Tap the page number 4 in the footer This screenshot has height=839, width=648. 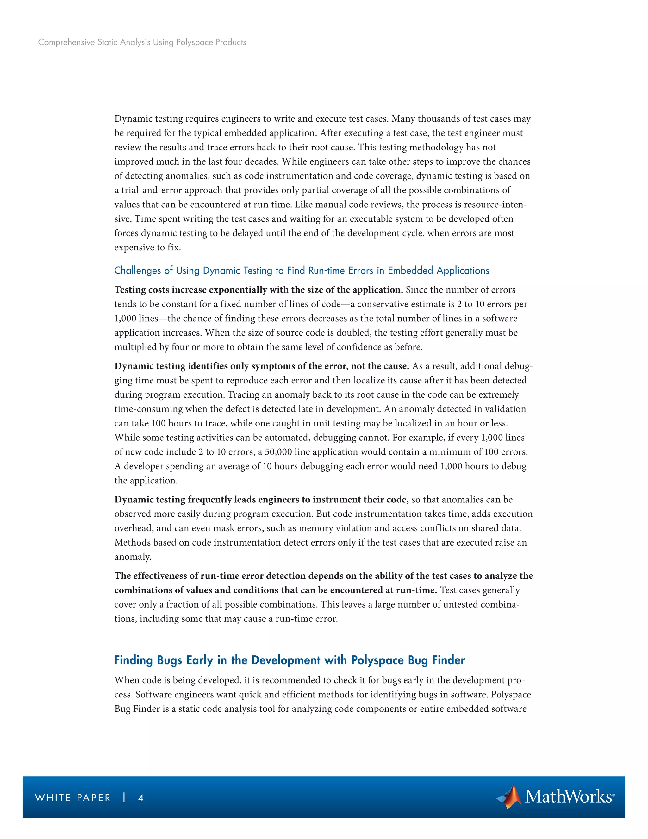click(141, 798)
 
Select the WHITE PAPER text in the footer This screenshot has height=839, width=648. click(73, 798)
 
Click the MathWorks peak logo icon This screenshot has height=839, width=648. click(509, 796)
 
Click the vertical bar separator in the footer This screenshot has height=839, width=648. click(124, 798)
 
